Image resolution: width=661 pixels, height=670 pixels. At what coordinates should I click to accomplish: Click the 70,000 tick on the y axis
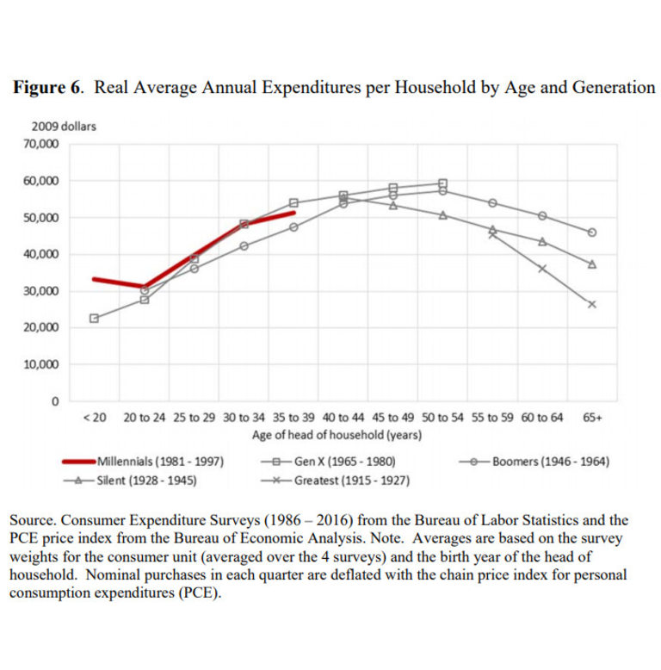point(41,144)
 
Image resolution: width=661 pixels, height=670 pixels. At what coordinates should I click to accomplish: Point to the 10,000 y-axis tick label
point(41,364)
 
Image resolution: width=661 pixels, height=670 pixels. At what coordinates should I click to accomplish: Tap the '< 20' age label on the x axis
point(94,418)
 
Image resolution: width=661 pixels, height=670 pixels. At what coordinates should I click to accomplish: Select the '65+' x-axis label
point(592,418)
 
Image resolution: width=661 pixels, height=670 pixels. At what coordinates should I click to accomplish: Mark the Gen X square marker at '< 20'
point(94,318)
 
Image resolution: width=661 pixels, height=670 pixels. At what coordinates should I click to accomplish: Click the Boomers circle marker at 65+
point(592,233)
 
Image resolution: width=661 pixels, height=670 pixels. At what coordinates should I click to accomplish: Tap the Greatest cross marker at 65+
point(592,304)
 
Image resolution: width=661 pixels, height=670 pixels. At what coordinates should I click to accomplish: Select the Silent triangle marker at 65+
point(592,264)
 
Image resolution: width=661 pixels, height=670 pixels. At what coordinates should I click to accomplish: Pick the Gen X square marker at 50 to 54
point(442,183)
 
